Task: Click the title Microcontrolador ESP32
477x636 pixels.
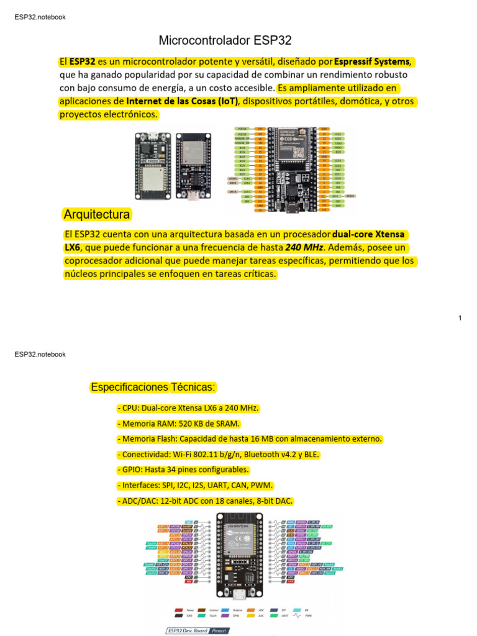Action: click(225, 41)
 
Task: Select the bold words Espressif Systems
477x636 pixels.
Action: click(372, 61)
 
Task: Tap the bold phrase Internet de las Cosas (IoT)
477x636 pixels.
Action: click(183, 101)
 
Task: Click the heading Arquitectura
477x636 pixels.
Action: click(97, 215)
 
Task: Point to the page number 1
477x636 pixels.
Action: click(460, 318)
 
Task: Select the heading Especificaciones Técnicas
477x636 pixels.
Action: click(153, 388)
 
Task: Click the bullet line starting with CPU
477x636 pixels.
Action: click(188, 408)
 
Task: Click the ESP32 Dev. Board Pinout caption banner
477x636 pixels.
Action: click(197, 630)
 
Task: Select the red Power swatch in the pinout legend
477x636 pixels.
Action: click(179, 611)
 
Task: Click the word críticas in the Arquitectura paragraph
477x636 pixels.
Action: click(256, 274)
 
